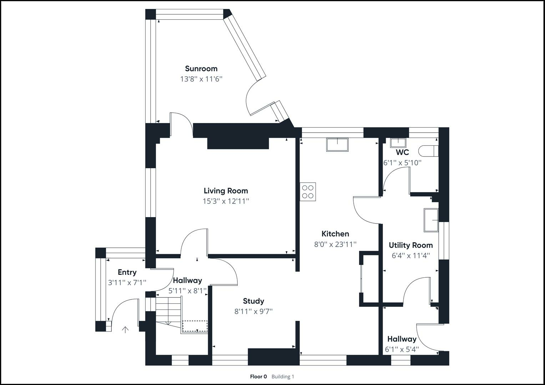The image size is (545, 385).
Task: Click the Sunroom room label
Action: pyautogui.click(x=201, y=68)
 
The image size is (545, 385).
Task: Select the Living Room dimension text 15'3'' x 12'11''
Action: pyautogui.click(x=226, y=201)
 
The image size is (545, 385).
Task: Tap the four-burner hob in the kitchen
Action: pyautogui.click(x=308, y=191)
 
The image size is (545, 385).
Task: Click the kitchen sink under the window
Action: pyautogui.click(x=337, y=145)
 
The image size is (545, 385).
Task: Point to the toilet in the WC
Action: pyautogui.click(x=428, y=151)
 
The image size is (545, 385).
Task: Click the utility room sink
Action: pyautogui.click(x=431, y=220)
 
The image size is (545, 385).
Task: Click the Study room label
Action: pyautogui.click(x=253, y=301)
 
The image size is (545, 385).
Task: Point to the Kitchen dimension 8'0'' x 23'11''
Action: pyautogui.click(x=335, y=244)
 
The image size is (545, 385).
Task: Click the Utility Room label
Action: pyautogui.click(x=410, y=245)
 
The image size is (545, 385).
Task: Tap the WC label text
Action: pyautogui.click(x=402, y=152)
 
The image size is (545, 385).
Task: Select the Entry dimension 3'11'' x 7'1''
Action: pyautogui.click(x=127, y=283)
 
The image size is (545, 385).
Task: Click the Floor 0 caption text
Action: pyautogui.click(x=258, y=376)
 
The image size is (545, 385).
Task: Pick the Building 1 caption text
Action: pyautogui.click(x=283, y=376)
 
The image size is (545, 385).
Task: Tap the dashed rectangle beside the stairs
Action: pyautogui.click(x=195, y=326)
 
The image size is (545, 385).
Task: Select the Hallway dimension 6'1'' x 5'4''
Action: pyautogui.click(x=402, y=349)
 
